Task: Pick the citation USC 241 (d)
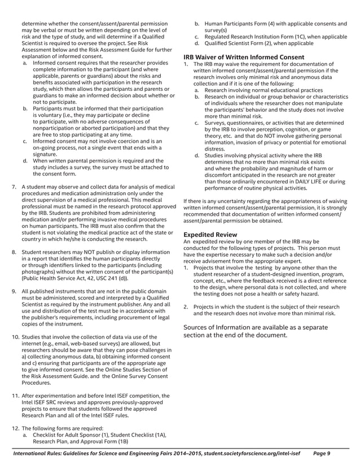tap(107, 279)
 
